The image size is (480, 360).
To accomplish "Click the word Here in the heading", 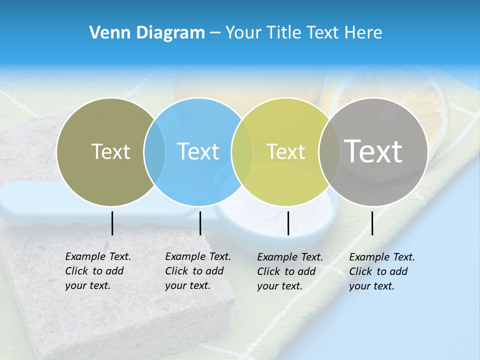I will [x=364, y=33].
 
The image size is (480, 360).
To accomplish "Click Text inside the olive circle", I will [x=110, y=151].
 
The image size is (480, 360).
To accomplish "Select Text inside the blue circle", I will [x=198, y=151].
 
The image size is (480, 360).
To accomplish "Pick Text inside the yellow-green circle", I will [x=285, y=151].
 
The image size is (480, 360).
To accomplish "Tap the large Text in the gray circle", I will [x=373, y=151].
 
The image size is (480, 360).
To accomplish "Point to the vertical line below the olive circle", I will [x=112, y=223].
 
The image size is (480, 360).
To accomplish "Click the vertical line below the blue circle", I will [x=200, y=223].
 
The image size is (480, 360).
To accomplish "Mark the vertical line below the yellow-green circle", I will [x=288, y=223].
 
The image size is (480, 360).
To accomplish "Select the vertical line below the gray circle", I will [x=372, y=223].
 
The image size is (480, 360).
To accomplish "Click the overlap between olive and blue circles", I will [x=154, y=152].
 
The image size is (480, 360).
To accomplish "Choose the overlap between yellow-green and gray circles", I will [x=328, y=152].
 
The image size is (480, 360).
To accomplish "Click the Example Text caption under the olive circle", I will [x=98, y=271].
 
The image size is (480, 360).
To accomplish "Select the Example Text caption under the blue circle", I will [x=198, y=271].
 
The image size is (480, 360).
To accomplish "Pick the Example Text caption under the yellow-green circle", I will [x=290, y=271].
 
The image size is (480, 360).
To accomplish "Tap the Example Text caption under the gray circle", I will [x=382, y=271].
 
